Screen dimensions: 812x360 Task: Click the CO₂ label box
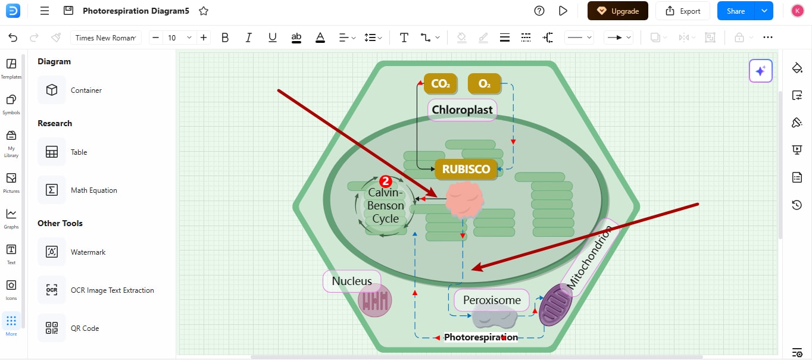tap(441, 84)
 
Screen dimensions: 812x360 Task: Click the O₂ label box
tap(485, 84)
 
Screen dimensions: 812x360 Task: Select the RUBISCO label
tap(466, 169)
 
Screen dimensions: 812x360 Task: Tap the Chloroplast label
tap(462, 109)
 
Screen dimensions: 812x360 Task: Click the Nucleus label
tap(352, 281)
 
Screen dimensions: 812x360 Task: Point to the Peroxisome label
tap(492, 300)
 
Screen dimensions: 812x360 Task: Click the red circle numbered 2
tap(385, 181)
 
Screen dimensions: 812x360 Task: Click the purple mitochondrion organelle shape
tap(555, 305)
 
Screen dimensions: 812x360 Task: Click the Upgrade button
tap(618, 11)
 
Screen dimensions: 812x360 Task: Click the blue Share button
tap(736, 11)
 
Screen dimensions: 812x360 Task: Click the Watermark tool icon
tap(52, 252)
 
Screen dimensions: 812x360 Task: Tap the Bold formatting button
tap(225, 37)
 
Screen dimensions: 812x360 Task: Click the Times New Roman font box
tap(105, 37)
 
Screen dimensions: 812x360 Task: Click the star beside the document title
tap(204, 11)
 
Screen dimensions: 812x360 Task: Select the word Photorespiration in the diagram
tap(481, 337)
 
